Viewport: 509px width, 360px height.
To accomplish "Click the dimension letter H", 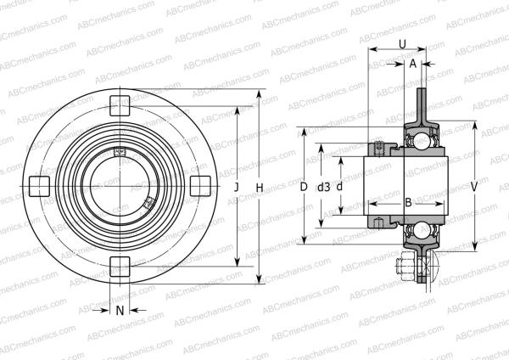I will coord(260,187).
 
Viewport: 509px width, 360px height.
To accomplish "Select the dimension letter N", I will coord(120,310).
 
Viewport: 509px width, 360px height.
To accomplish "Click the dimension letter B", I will coord(407,202).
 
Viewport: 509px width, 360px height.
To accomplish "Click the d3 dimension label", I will coord(323,187).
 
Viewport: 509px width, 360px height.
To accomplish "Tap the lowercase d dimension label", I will coord(339,187).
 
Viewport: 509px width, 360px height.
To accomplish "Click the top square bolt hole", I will coord(120,106).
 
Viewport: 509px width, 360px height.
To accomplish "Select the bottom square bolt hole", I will coord(120,263).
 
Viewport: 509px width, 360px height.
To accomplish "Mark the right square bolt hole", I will coord(199,185).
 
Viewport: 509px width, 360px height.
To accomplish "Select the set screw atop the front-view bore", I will coord(120,153).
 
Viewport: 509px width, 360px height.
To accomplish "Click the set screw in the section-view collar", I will coord(380,149).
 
